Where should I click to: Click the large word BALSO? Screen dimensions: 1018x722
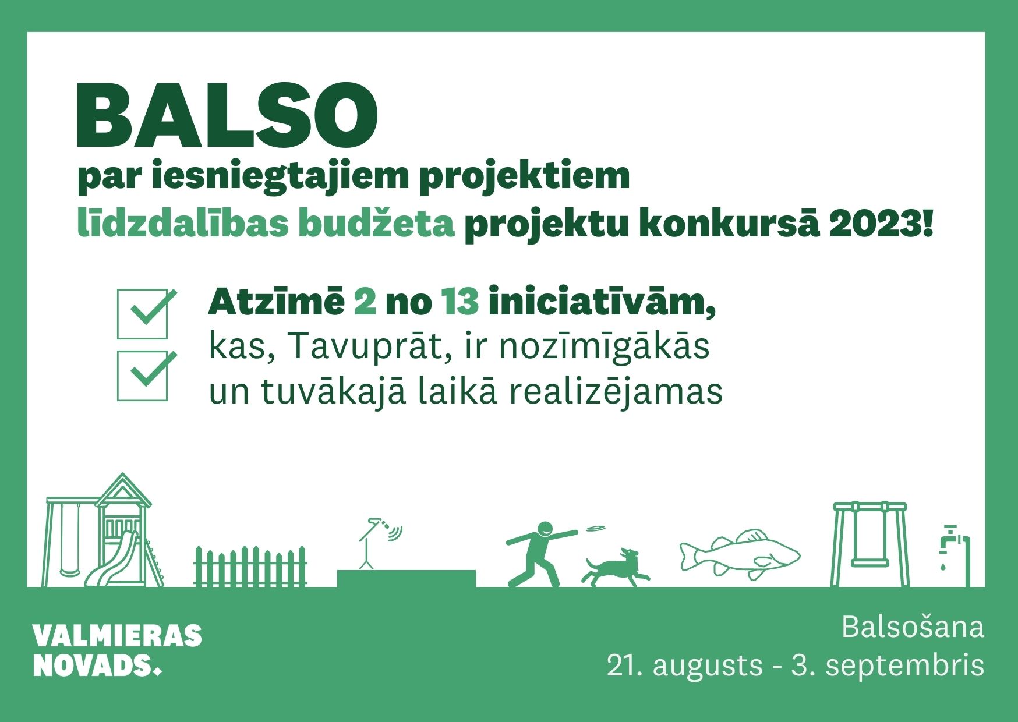(x=227, y=115)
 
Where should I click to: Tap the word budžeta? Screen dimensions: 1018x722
(x=376, y=224)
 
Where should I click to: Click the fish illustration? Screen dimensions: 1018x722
(x=740, y=554)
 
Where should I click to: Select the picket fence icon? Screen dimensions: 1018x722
(x=250, y=566)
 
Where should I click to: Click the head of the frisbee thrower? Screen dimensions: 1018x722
(x=545, y=530)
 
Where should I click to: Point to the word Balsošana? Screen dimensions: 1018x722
(x=913, y=627)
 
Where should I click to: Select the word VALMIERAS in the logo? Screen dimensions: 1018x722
(x=117, y=636)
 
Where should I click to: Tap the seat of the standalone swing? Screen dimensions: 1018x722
(x=870, y=563)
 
